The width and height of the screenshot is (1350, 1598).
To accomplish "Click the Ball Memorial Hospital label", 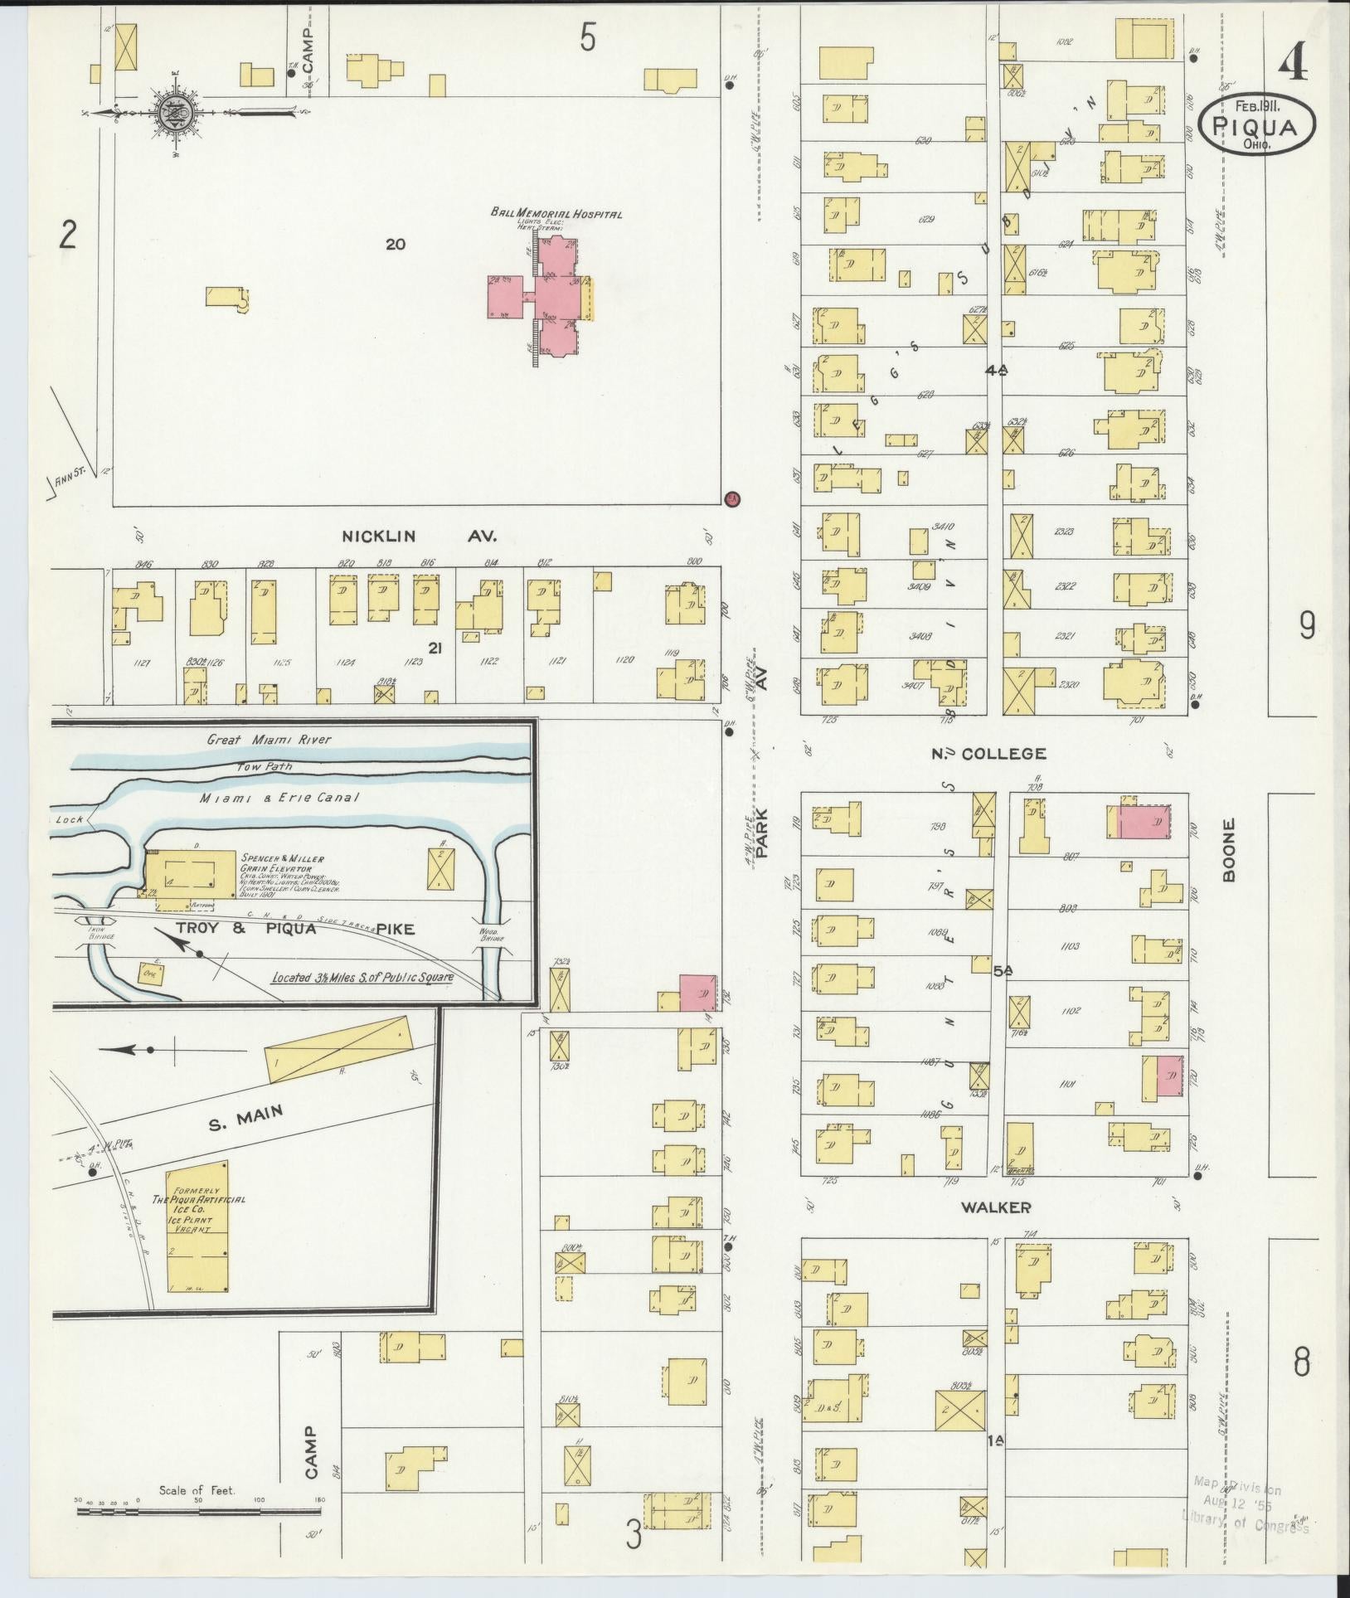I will coord(556,214).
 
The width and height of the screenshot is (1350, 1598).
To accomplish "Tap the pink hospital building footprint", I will coord(547,297).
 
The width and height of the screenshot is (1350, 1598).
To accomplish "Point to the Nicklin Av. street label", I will coord(419,537).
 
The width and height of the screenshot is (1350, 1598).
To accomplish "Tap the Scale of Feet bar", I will coord(199,1510).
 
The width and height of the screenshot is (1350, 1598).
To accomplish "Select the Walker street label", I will coord(995,1207).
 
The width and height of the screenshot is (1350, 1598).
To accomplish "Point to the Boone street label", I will coord(1229,850).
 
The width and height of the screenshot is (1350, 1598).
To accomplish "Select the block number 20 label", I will coord(395,244).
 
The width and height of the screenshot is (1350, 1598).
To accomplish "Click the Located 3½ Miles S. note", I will coord(363,977).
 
